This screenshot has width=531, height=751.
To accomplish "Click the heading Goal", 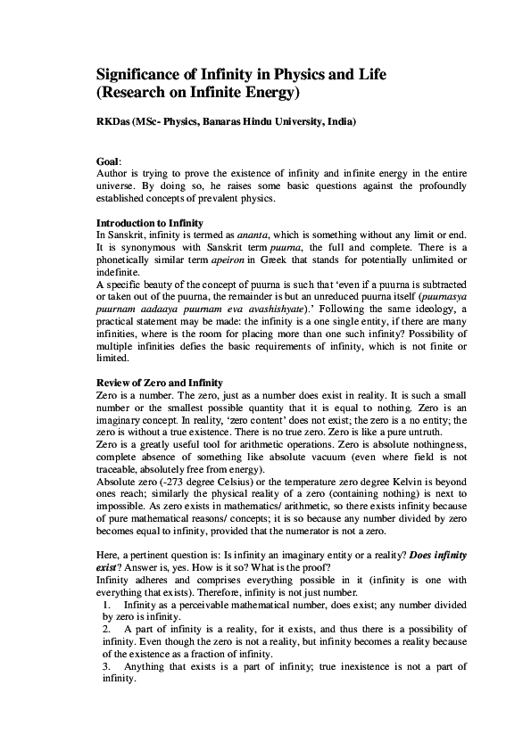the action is (107, 161).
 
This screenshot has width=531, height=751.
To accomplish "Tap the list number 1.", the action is (106, 606).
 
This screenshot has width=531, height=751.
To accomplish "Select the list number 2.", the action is (106, 630).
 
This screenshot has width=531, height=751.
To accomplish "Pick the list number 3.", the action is (106, 666).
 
